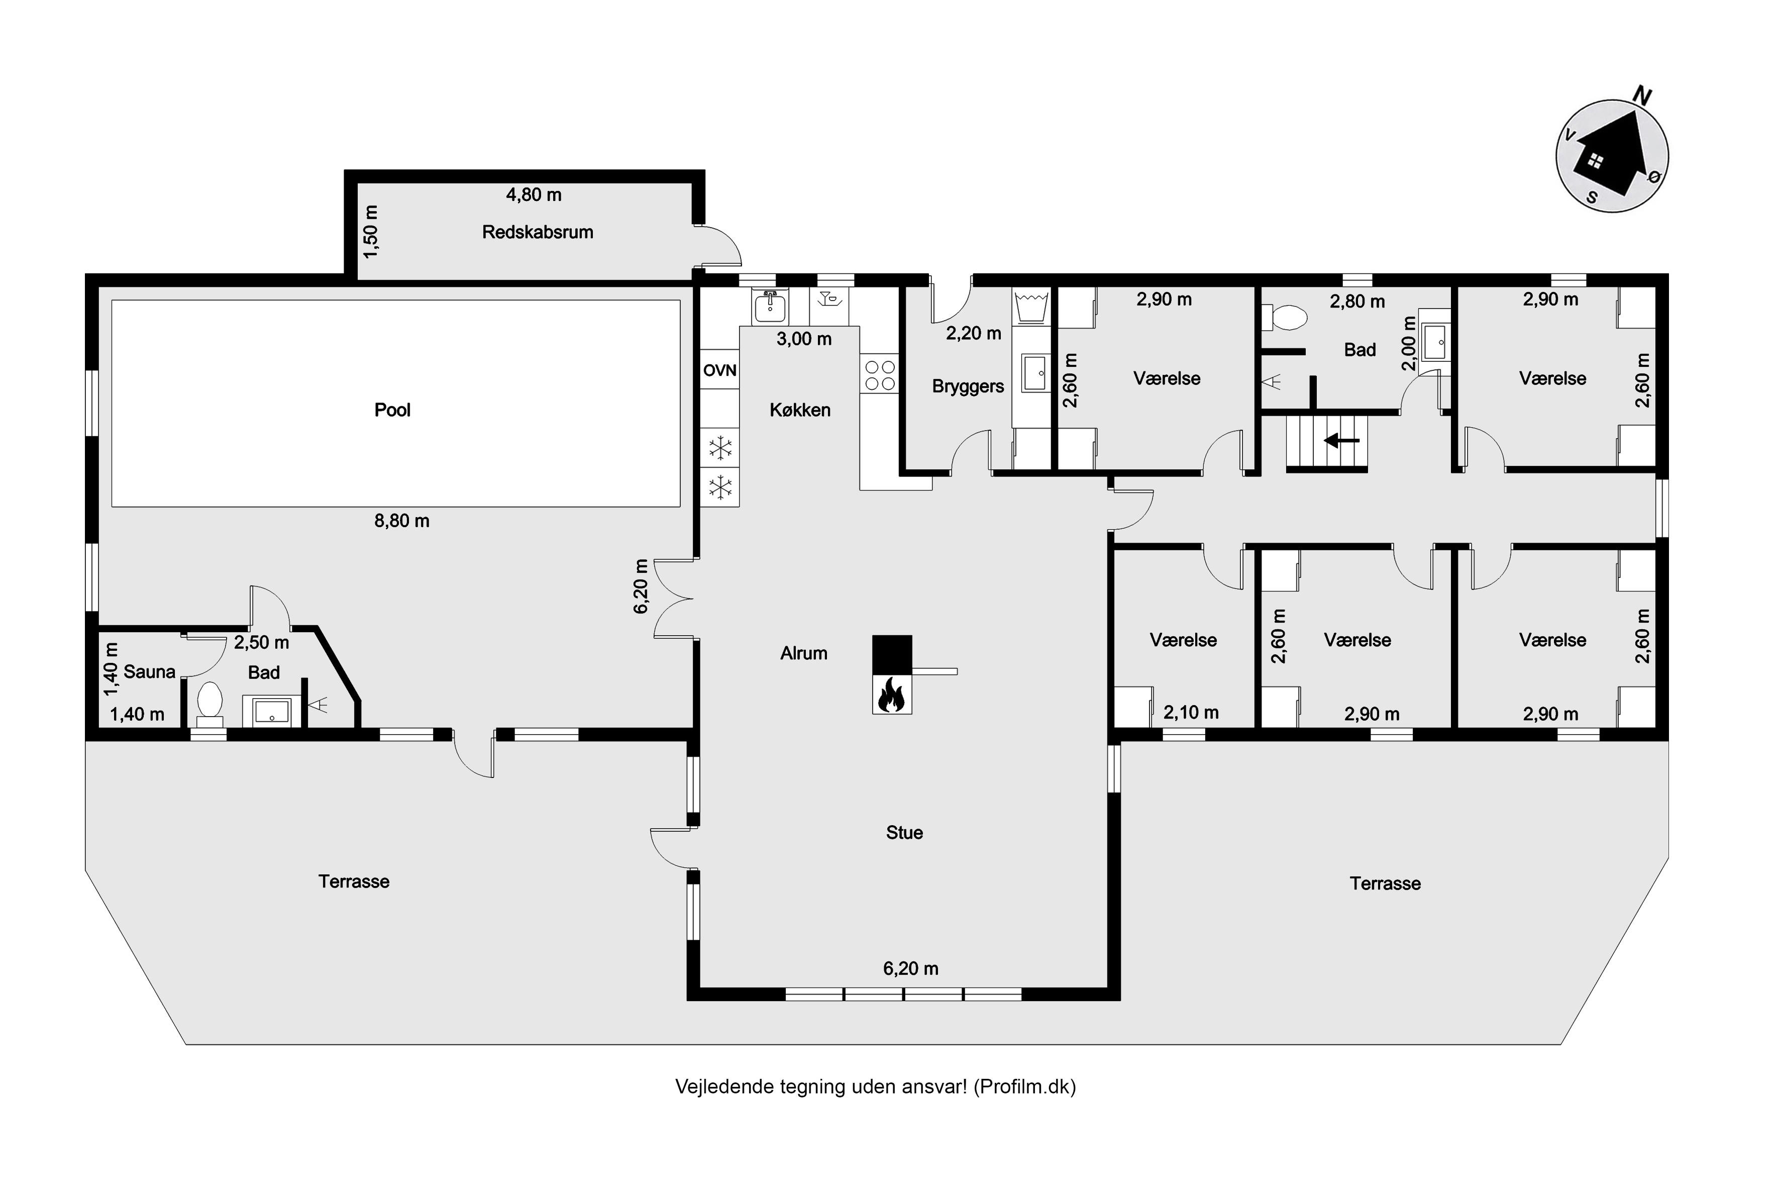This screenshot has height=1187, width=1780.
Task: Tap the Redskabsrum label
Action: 538,232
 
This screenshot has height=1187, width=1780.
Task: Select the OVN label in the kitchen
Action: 720,370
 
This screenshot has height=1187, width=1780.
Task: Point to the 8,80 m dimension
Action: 402,521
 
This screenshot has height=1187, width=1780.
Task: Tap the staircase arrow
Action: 1341,440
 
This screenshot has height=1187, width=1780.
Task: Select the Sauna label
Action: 149,671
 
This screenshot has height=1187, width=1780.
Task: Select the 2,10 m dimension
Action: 1191,713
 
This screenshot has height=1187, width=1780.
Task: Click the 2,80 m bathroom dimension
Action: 1357,302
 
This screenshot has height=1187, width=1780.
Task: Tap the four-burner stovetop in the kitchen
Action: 879,375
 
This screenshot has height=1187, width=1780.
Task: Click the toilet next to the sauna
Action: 209,700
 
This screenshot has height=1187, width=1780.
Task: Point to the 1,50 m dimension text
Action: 371,232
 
